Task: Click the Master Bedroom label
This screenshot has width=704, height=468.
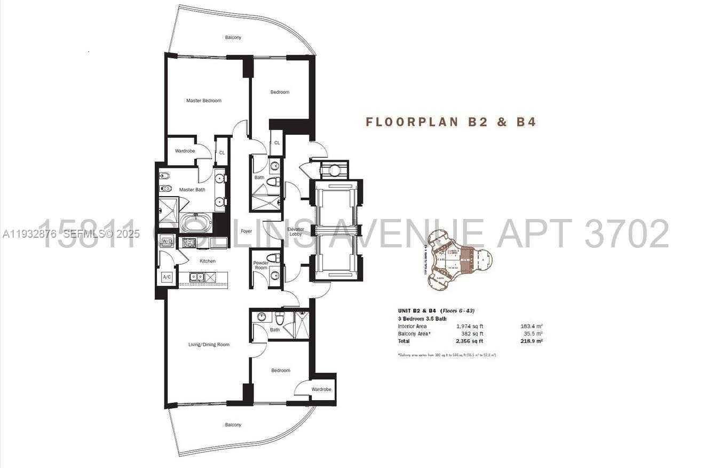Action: (x=203, y=100)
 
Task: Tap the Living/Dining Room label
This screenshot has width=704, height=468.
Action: (x=209, y=345)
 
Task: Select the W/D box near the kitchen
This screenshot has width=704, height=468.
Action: (x=167, y=240)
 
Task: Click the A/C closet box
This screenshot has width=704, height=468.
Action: (x=167, y=277)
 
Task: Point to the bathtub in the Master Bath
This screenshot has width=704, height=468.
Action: (x=195, y=222)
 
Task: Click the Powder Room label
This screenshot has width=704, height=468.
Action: (x=260, y=265)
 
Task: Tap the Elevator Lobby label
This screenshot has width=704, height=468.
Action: (x=296, y=232)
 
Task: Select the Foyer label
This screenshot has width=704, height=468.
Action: (x=246, y=231)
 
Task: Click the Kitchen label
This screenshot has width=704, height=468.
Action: (x=208, y=261)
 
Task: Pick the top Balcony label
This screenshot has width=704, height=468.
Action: (x=233, y=37)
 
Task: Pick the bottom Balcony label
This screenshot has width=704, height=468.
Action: (x=233, y=425)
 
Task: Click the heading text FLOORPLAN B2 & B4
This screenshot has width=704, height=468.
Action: (x=450, y=122)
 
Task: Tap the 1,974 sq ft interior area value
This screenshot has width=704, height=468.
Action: (x=469, y=326)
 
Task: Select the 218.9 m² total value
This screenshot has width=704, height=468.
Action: (x=531, y=341)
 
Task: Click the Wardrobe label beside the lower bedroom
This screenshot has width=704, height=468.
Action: (x=321, y=389)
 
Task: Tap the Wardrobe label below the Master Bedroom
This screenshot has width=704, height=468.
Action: (x=185, y=151)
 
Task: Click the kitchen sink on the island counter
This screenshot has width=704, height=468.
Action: (x=196, y=277)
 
